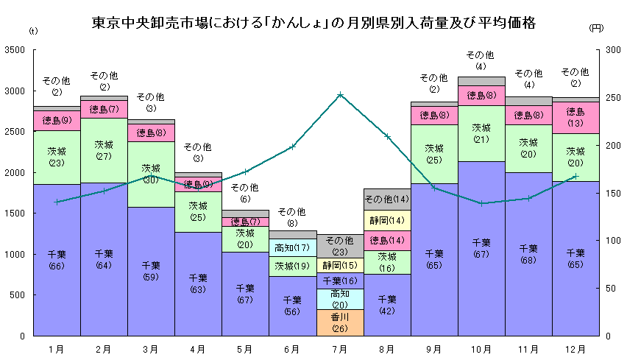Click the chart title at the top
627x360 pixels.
tap(313, 23)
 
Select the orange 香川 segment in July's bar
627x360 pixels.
tap(340, 322)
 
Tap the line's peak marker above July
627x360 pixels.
tap(340, 95)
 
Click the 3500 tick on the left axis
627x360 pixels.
tap(15, 50)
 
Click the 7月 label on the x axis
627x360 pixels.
tap(340, 348)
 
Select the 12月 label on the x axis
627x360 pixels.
tap(575, 348)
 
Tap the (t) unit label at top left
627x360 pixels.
tap(33, 32)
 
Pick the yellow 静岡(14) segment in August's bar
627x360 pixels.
tap(387, 219)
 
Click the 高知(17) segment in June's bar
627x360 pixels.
tap(292, 247)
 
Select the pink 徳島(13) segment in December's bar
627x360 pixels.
tap(575, 117)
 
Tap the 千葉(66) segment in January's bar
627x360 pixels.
tap(57, 259)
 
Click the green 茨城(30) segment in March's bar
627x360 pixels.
tap(151, 174)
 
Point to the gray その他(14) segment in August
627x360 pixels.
tap(387, 199)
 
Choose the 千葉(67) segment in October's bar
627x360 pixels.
tap(481, 248)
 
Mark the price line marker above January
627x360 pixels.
tap(57, 202)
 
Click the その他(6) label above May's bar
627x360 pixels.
tap(245, 193)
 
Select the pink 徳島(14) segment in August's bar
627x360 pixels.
tap(387, 240)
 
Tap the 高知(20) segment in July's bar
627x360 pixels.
tap(340, 299)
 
